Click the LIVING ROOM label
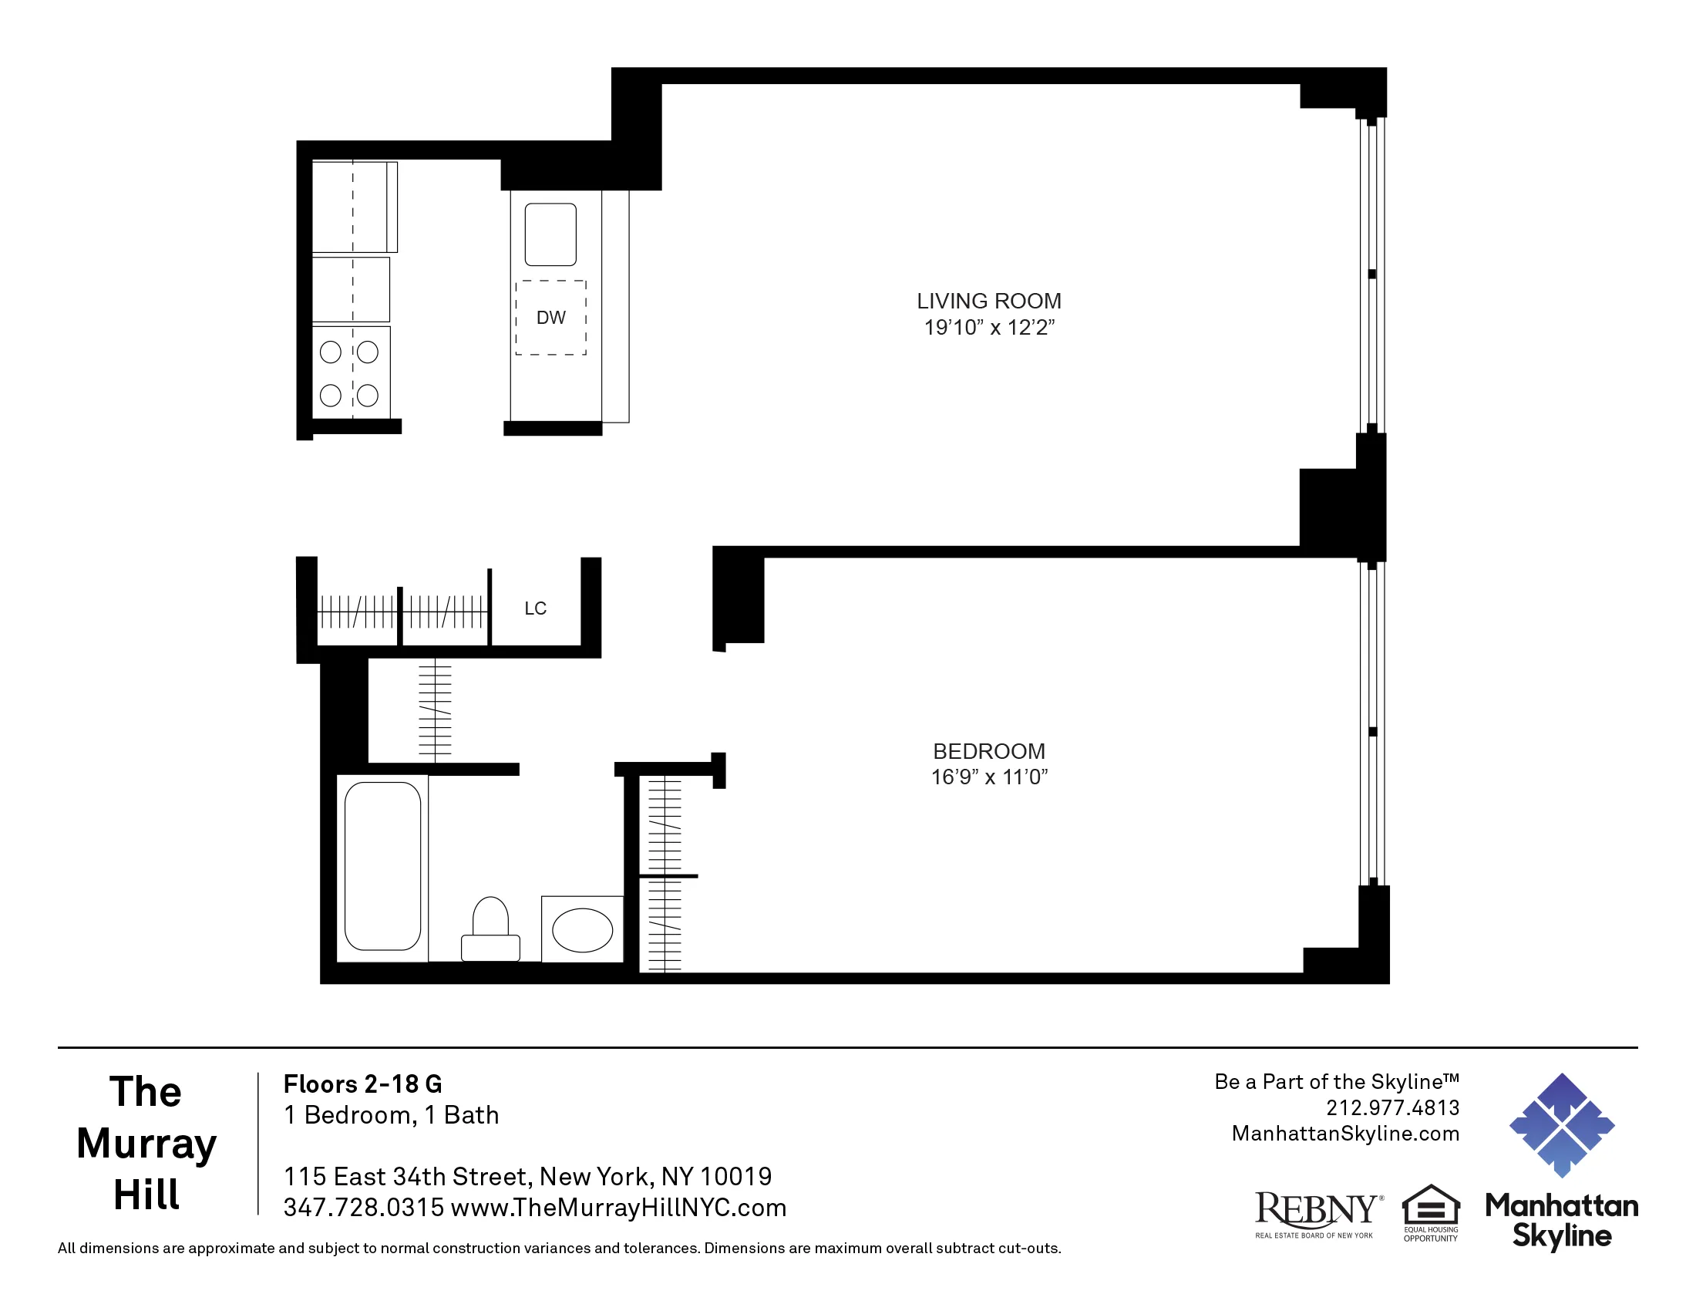988,302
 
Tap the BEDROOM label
988,751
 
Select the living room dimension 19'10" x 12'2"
988,328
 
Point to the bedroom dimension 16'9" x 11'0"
988,777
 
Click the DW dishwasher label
550,318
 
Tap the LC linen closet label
535,608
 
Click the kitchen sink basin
550,234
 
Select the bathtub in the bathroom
382,866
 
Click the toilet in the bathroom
490,930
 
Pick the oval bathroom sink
581,931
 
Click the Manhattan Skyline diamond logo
1562,1124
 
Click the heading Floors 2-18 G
362,1084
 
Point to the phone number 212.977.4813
1392,1107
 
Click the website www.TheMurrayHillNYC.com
618,1208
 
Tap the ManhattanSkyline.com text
1345,1134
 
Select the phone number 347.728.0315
363,1208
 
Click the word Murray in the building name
146,1144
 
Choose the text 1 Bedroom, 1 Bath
392,1115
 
